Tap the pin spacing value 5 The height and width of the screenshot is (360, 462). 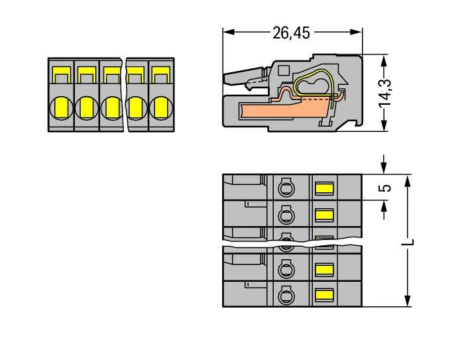tap(387, 187)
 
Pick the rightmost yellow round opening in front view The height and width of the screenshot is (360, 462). tap(160, 107)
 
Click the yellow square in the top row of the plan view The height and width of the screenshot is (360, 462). tap(323, 189)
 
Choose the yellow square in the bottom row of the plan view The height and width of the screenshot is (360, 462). tap(323, 294)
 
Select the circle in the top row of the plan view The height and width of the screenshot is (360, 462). tap(286, 189)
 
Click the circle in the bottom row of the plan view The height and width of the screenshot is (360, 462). tap(286, 294)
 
